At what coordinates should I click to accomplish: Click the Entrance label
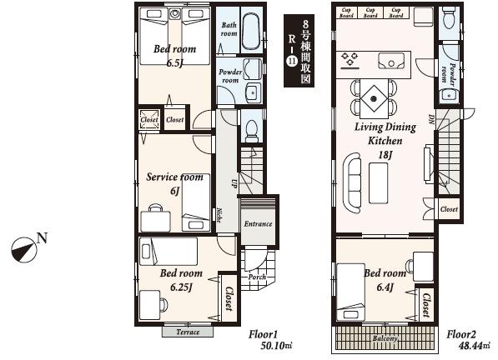(257, 223)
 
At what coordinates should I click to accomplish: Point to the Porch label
(257, 277)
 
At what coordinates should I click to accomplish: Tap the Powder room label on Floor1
(230, 77)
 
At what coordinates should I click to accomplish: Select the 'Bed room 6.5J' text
(175, 55)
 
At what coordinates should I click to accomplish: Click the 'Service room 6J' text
(174, 182)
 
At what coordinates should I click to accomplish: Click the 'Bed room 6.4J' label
(385, 279)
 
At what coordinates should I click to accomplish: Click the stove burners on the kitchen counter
(350, 58)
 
